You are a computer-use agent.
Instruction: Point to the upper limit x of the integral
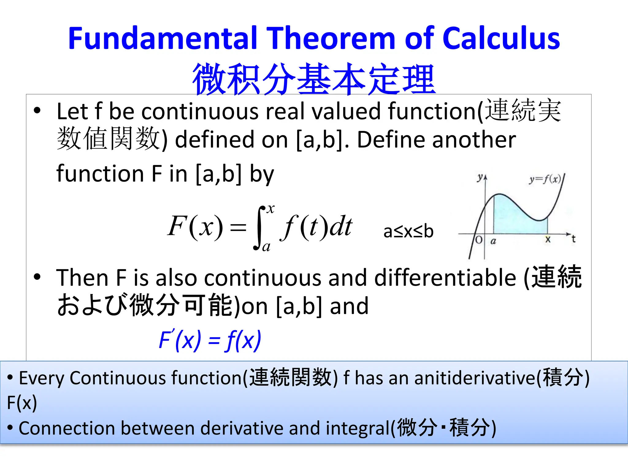(271, 209)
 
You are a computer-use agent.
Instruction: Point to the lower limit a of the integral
(266, 247)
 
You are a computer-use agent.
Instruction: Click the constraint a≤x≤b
(408, 231)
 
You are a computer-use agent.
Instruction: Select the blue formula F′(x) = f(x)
(210, 340)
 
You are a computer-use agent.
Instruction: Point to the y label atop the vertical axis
(480, 177)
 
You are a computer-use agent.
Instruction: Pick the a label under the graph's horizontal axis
(493, 241)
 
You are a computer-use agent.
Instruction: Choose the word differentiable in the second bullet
(445, 278)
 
